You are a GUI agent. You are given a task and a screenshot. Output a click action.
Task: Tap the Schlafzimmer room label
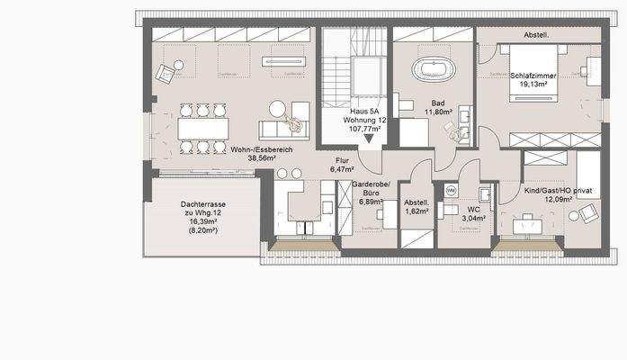(x=533, y=76)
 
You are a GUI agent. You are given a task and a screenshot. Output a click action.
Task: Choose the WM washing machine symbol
(x=451, y=191)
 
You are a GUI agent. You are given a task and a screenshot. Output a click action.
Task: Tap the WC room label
(x=473, y=209)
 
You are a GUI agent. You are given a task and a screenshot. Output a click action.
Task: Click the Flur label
(x=341, y=159)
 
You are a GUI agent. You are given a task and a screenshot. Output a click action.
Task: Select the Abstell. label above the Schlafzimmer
(x=536, y=36)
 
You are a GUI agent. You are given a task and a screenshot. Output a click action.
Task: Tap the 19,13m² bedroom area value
(x=533, y=87)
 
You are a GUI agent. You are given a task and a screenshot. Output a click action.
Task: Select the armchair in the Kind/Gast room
(x=587, y=213)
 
